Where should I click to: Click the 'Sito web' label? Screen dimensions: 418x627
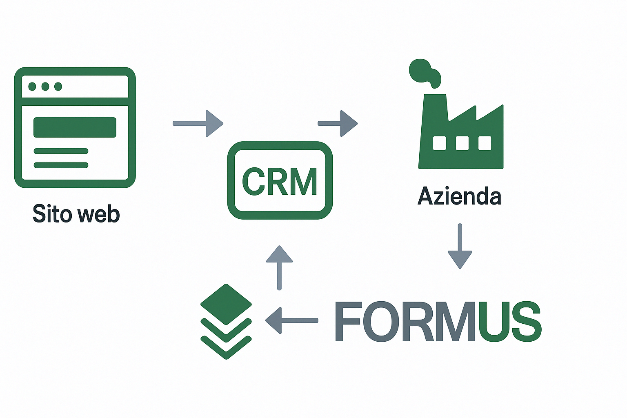pyautogui.click(x=76, y=214)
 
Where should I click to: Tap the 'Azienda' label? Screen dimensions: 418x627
pyautogui.click(x=459, y=196)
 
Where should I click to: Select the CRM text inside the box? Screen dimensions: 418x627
pyautogui.click(x=280, y=182)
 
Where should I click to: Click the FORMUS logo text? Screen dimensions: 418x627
pyautogui.click(x=438, y=322)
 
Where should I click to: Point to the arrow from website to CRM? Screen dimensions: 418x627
pyautogui.click(x=198, y=123)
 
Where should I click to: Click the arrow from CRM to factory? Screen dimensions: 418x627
pyautogui.click(x=338, y=123)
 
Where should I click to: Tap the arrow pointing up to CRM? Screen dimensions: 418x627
pyautogui.click(x=280, y=267)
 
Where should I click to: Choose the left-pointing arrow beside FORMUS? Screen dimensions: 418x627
pyautogui.click(x=291, y=320)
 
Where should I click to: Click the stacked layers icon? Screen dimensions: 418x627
pyautogui.click(x=226, y=321)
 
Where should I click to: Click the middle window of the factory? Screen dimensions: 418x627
pyautogui.click(x=462, y=143)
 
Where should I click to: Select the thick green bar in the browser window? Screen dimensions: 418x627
pyautogui.click(x=75, y=127)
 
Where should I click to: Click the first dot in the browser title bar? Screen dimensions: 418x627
pyautogui.click(x=32, y=87)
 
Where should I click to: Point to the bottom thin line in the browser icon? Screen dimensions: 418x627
pyautogui.click(x=61, y=165)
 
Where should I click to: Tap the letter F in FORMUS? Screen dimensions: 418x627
pyautogui.click(x=348, y=322)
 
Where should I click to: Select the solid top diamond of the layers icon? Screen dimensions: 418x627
pyautogui.click(x=226, y=303)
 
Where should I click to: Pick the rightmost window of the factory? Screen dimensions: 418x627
pyautogui.click(x=485, y=143)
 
